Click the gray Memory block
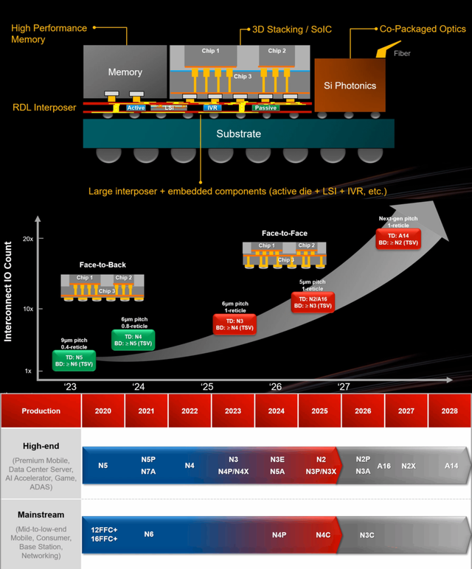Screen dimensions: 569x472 click(125, 72)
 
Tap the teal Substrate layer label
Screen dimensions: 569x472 click(238, 134)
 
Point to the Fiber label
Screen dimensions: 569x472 click(402, 53)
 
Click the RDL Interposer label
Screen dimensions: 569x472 click(44, 108)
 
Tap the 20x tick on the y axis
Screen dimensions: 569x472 click(28, 240)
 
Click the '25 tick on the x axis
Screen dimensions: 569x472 click(207, 386)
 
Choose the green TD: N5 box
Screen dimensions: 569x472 click(74, 360)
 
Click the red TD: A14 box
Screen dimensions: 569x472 click(398, 240)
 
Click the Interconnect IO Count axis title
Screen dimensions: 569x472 click(9, 293)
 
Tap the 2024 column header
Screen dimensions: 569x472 click(277, 411)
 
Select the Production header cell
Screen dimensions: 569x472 click(41, 411)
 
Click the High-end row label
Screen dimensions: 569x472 click(41, 446)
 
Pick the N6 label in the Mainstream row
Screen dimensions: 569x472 click(148, 534)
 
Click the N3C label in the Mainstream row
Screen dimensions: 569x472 click(367, 534)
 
